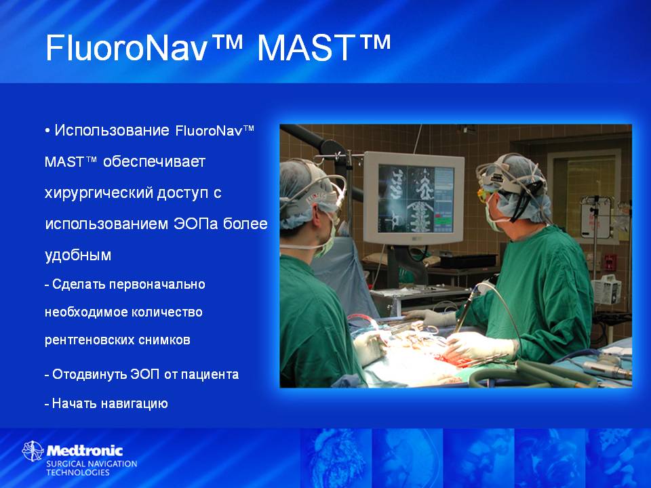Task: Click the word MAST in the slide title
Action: pyautogui.click(x=307, y=48)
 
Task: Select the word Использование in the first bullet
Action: pyautogui.click(x=112, y=130)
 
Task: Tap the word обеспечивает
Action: pyautogui.click(x=154, y=161)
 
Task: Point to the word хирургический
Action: pyautogui.click(x=98, y=193)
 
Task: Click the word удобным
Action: pyautogui.click(x=77, y=254)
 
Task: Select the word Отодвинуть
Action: pyautogui.click(x=90, y=374)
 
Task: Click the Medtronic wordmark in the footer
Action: pyautogui.click(x=85, y=451)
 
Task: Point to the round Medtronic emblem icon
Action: pyautogui.click(x=33, y=451)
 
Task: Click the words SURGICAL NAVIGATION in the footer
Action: pyautogui.click(x=92, y=464)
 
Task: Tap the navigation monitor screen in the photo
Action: pyautogui.click(x=416, y=199)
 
